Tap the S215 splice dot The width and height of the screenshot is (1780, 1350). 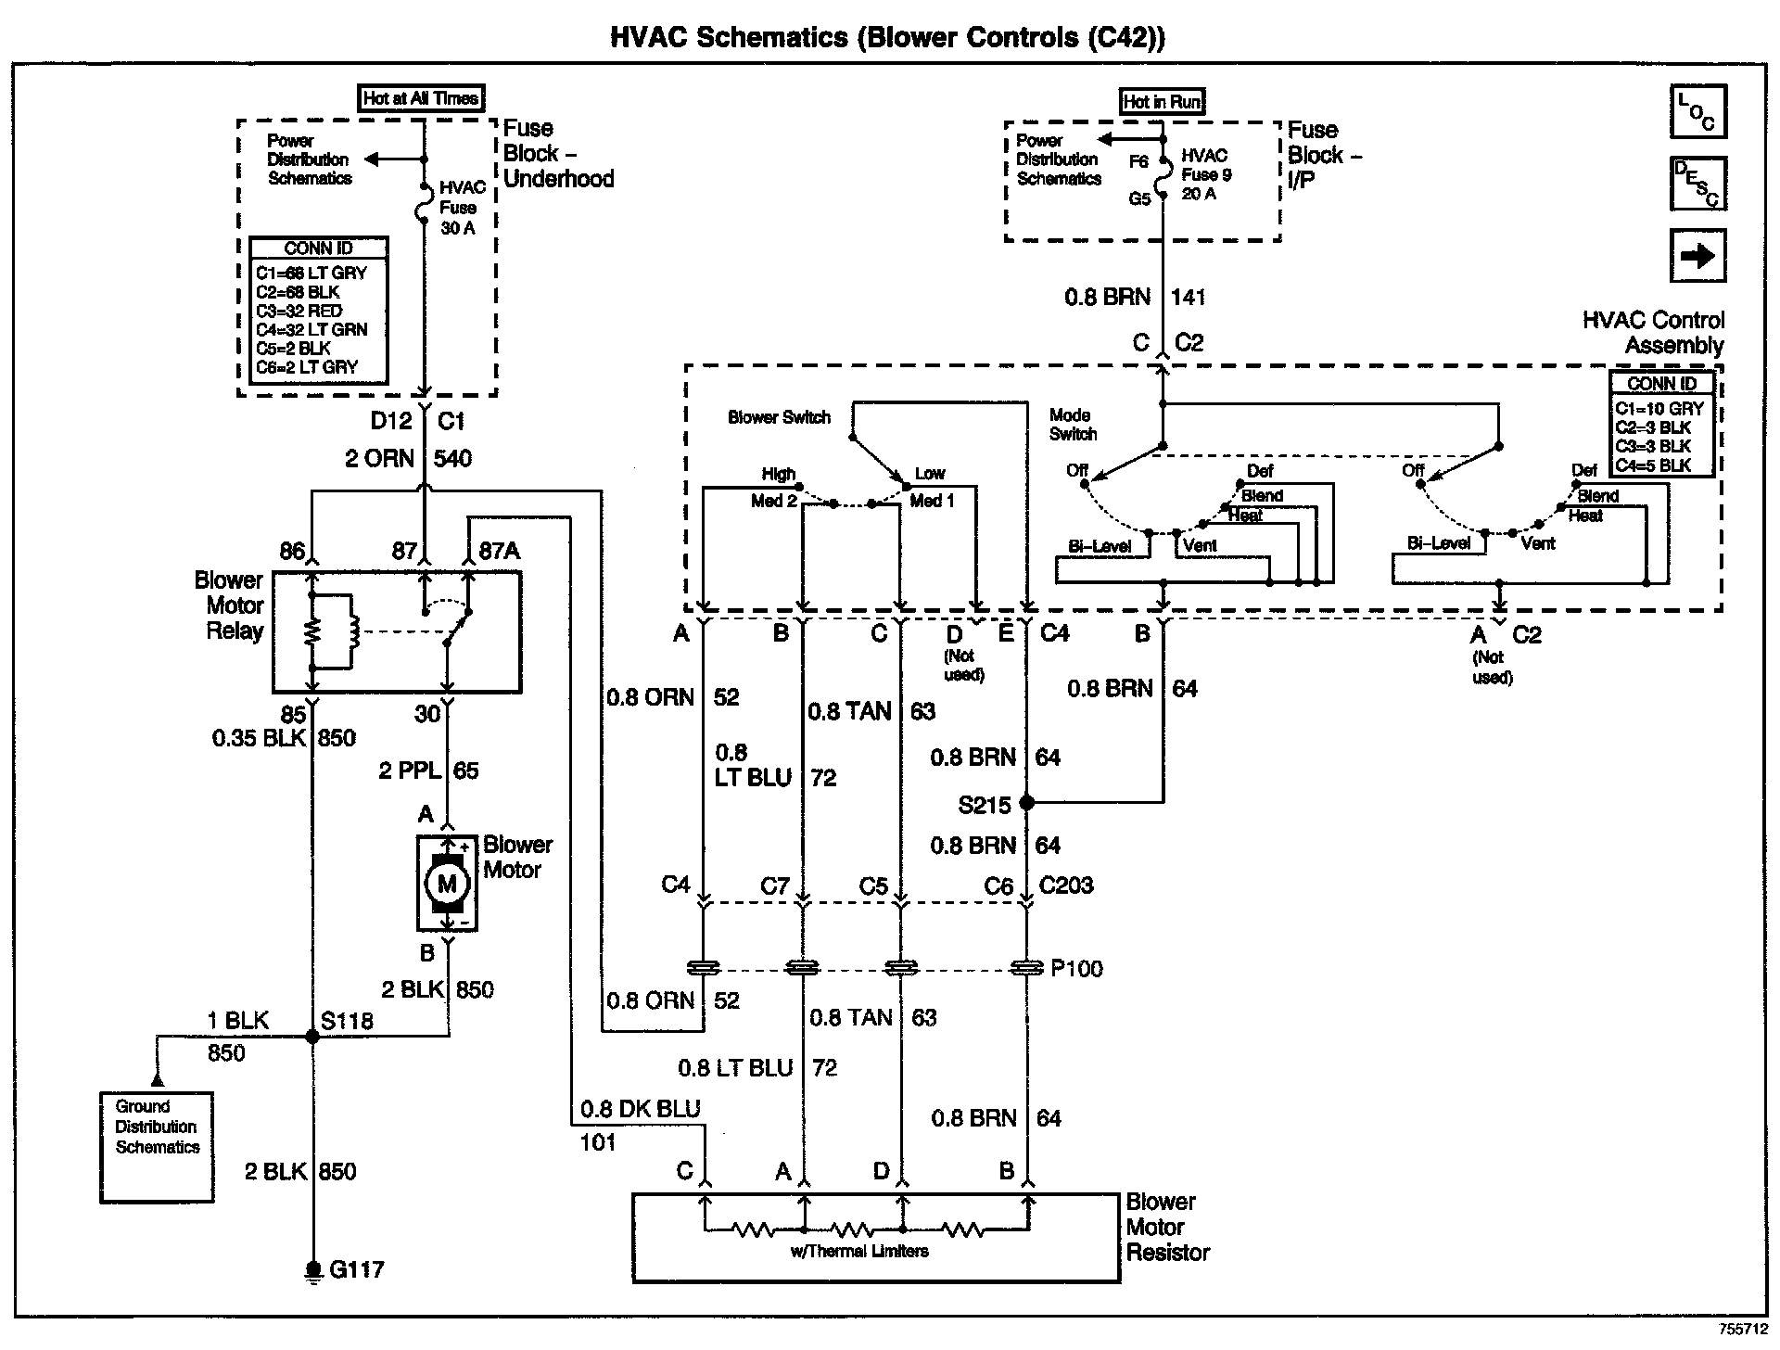coord(1026,802)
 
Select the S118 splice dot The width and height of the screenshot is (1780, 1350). coord(312,1037)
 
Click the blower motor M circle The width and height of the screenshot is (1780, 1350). coord(447,883)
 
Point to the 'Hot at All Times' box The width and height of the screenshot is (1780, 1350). coord(421,98)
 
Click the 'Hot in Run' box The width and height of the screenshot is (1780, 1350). coord(1163,102)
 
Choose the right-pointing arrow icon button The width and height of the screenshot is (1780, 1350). coord(1697,255)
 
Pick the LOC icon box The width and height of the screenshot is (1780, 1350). coord(1697,111)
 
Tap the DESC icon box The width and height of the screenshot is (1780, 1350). coord(1697,183)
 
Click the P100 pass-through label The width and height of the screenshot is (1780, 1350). coord(1076,969)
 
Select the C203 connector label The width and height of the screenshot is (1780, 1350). coord(1066,885)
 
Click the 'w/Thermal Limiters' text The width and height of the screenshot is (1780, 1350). coord(858,1252)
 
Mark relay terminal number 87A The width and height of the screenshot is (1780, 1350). coord(499,552)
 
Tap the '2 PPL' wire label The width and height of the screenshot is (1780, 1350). coord(409,771)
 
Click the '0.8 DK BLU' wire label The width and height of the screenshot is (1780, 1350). coord(640,1109)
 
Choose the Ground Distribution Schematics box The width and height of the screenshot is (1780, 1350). coord(157,1146)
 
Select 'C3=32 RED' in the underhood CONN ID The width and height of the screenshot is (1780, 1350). coord(299,311)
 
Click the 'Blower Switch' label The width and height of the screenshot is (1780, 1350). coord(779,417)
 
